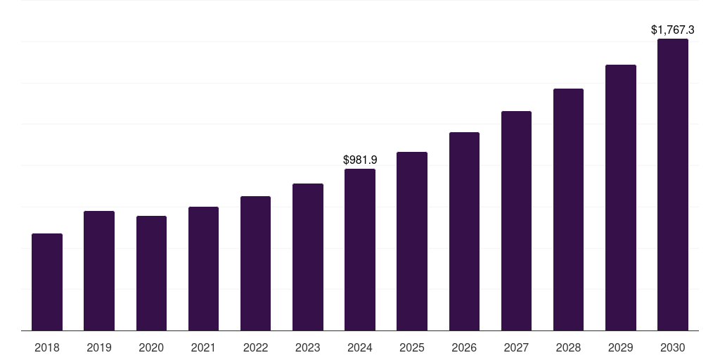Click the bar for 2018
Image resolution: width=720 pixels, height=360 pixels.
click(x=47, y=282)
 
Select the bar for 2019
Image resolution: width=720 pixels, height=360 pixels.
click(x=99, y=271)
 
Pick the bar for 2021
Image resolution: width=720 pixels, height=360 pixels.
click(x=203, y=269)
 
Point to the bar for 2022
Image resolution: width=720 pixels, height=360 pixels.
click(x=255, y=263)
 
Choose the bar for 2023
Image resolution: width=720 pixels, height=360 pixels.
click(x=308, y=257)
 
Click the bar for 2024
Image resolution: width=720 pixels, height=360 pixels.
click(x=360, y=250)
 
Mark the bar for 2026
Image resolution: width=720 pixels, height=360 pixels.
click(x=464, y=231)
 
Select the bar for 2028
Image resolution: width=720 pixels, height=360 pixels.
click(x=568, y=210)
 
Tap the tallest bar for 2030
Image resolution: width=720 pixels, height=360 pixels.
click(x=672, y=184)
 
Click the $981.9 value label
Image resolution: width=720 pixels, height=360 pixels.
click(x=360, y=160)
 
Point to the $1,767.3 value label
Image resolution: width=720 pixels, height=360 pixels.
click(x=672, y=30)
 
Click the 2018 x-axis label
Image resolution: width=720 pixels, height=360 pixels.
click(x=47, y=347)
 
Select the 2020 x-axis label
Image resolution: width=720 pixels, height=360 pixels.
click(x=151, y=347)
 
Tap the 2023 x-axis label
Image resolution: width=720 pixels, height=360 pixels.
click(x=308, y=347)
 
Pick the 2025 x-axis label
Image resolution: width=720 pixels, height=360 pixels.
click(x=412, y=347)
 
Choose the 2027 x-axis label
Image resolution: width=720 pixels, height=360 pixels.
click(x=516, y=347)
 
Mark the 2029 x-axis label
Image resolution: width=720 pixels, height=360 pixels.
click(x=620, y=347)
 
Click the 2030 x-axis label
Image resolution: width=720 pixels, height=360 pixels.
click(x=672, y=347)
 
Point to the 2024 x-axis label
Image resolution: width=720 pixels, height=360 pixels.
click(x=360, y=347)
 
